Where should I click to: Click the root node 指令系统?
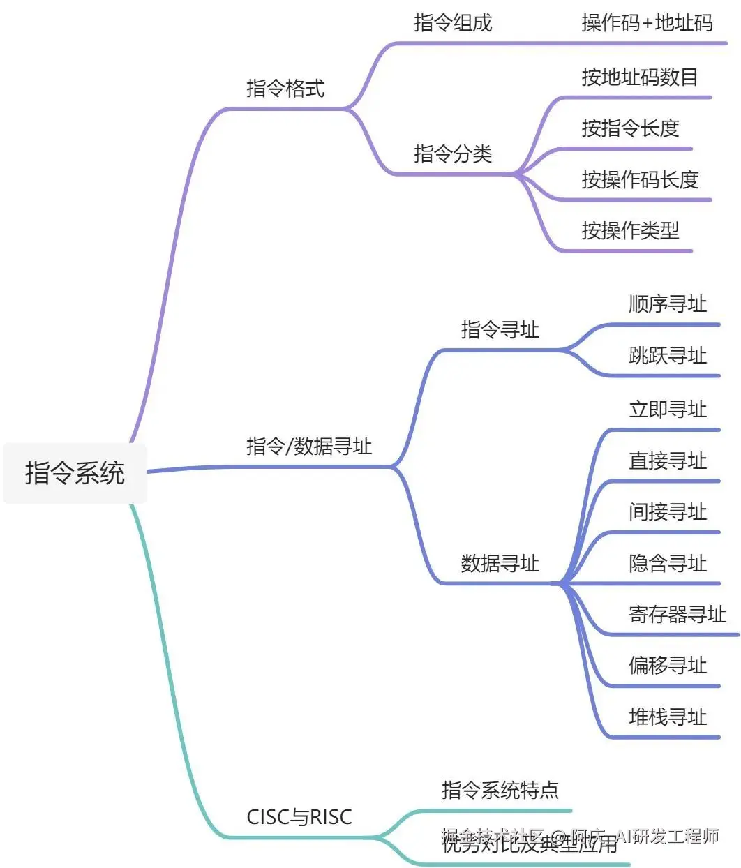75,472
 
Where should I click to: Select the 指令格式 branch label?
285,88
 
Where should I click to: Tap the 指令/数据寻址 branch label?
308,446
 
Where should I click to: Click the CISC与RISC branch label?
299,816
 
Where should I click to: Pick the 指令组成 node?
453,23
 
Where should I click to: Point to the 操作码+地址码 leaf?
647,23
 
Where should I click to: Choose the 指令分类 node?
453,154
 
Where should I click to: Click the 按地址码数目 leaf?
640,77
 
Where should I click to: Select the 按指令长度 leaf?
630,128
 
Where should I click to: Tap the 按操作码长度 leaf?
640,179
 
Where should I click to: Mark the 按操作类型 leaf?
630,230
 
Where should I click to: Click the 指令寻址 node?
500,329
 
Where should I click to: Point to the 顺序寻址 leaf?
668,304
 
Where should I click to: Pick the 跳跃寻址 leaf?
668,356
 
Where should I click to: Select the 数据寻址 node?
500,563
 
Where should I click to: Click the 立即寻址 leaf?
668,410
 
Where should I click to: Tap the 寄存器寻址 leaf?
677,614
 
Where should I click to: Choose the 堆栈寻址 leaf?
668,717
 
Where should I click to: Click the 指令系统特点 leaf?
500,790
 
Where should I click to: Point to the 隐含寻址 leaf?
668,563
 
